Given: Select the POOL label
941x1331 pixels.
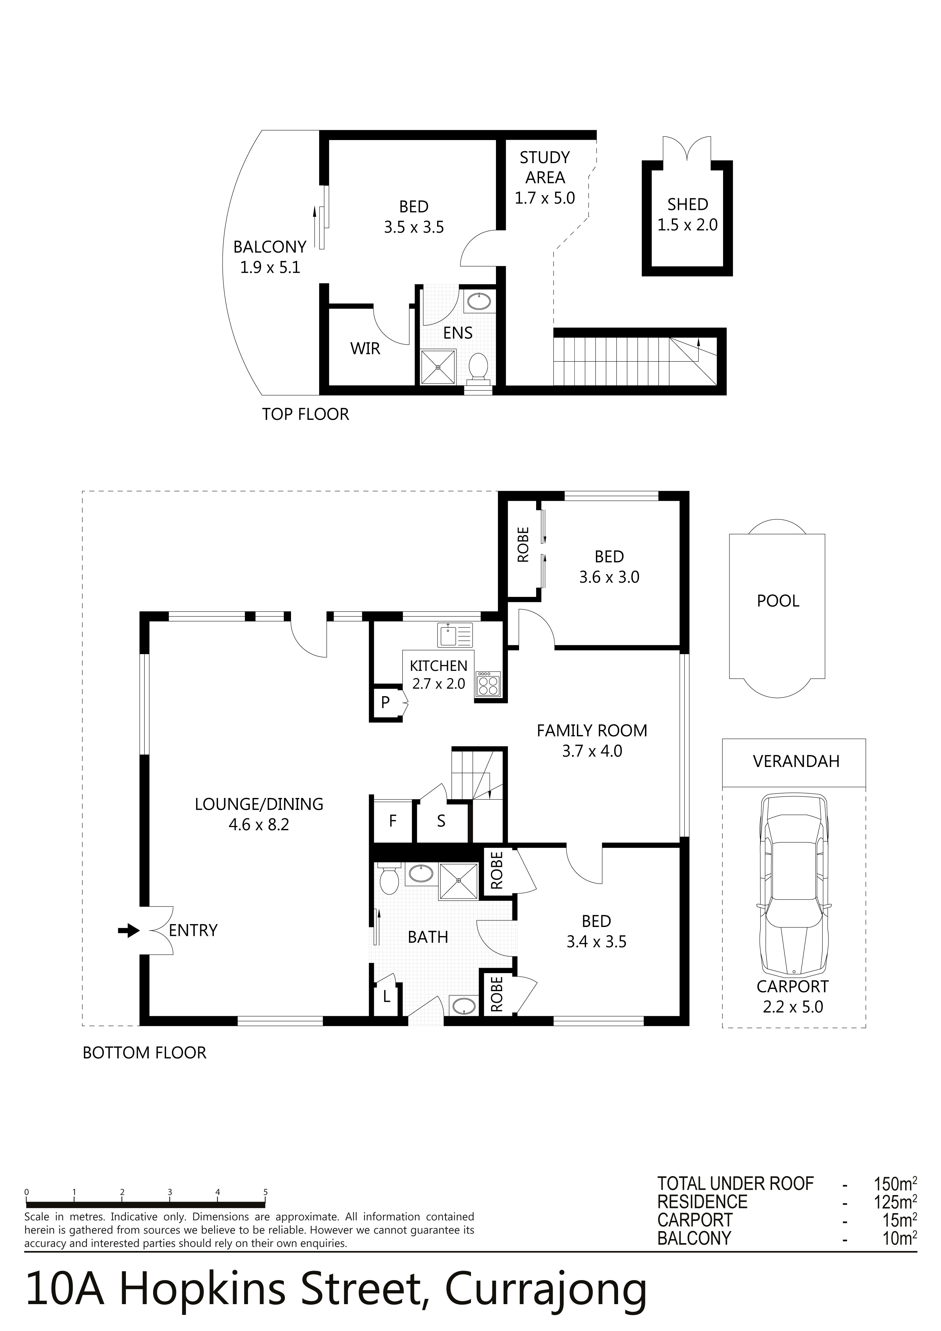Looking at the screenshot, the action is point(778,601).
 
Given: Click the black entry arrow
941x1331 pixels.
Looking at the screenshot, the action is point(129,930).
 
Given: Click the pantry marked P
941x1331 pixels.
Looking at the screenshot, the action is point(385,702).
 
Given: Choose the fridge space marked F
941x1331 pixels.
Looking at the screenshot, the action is point(393,821).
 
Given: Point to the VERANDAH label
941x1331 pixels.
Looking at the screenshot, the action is point(796,761).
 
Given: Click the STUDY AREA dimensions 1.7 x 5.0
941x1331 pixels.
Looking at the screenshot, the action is point(545,198).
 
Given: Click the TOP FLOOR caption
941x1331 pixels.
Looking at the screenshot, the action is point(305,414).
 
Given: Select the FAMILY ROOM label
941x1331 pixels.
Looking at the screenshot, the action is point(592,730).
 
